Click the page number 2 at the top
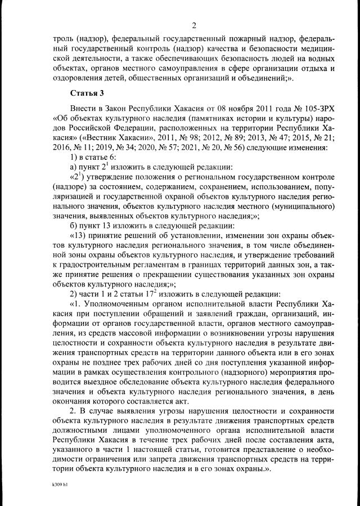[x=193, y=24]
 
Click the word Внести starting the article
[x=83, y=109]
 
